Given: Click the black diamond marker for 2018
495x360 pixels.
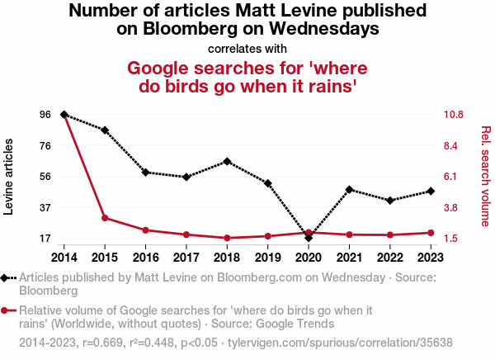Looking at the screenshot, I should point(227,161).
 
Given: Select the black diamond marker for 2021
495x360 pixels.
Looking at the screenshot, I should point(350,190).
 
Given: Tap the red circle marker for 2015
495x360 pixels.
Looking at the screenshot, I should point(105,218).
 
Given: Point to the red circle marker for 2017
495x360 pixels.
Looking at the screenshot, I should point(186,235).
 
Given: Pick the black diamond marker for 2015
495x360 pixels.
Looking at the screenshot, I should point(105,130).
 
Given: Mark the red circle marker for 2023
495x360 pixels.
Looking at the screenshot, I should point(431,233).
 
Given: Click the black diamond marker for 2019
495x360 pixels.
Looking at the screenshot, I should point(268,182).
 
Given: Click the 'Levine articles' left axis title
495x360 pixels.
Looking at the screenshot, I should point(9,176).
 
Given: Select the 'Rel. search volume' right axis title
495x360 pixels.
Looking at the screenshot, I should point(485,176).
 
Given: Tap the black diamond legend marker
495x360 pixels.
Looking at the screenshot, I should point(7,279).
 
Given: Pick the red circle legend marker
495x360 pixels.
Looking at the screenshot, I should point(7,311).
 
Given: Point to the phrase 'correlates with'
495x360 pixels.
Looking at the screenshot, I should point(247,48).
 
